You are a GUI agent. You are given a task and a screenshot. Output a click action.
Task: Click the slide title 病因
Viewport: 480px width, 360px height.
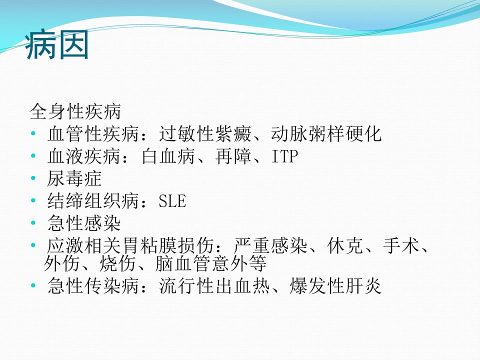click(x=57, y=44)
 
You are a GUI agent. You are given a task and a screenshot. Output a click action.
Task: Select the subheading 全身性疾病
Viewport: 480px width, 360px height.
click(x=75, y=111)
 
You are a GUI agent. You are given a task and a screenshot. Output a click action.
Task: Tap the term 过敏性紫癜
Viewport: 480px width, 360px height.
click(x=205, y=134)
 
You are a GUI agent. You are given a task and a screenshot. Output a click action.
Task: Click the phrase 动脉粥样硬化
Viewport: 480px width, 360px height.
click(x=326, y=134)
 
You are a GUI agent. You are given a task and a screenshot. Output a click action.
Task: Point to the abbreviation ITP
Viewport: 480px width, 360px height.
click(x=284, y=156)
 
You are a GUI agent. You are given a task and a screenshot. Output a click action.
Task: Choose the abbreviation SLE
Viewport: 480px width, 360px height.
click(x=172, y=201)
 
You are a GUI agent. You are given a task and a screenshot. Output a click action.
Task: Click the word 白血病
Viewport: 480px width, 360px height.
click(x=168, y=156)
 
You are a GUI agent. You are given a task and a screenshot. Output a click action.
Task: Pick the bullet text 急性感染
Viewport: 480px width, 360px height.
click(x=84, y=223)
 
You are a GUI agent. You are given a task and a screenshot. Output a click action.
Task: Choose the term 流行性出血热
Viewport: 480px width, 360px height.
click(x=214, y=286)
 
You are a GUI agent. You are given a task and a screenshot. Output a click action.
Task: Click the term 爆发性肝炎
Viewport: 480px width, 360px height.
click(x=335, y=286)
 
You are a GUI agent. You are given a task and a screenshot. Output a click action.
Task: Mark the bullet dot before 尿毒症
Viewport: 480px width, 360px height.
click(x=33, y=178)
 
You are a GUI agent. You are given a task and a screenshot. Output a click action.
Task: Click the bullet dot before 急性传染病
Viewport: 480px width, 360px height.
click(x=33, y=285)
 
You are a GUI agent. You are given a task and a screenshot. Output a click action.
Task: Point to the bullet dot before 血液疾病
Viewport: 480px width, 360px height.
click(x=33, y=156)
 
